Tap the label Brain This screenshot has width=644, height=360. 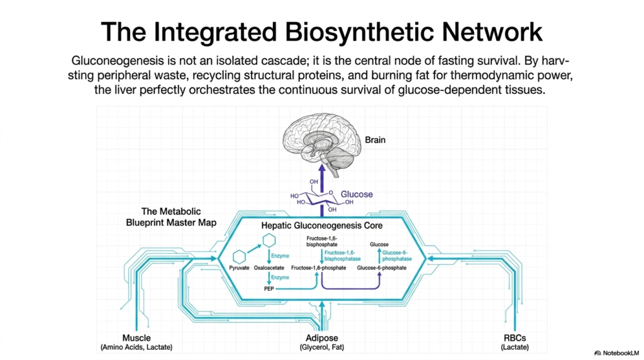375,140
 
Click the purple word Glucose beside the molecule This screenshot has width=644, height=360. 357,194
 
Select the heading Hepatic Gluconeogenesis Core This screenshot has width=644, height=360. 321,225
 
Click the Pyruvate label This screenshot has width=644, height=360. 239,267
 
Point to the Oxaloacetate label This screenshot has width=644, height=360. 269,267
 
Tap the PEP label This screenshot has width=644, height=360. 269,288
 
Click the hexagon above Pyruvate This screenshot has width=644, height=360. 239,257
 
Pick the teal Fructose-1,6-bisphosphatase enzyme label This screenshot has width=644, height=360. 343,256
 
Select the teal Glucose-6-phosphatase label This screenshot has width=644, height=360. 397,256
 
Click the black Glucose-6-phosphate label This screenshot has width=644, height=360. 382,267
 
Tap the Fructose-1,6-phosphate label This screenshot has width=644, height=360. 318,267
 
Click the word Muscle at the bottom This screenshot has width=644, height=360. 136,338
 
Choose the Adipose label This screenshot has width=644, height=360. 321,338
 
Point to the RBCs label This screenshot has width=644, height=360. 514,338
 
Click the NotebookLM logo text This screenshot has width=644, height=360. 620,353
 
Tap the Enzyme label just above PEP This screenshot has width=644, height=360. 280,278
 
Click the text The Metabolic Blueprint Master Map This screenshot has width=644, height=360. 171,217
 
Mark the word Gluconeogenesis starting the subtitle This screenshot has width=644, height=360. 118,61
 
